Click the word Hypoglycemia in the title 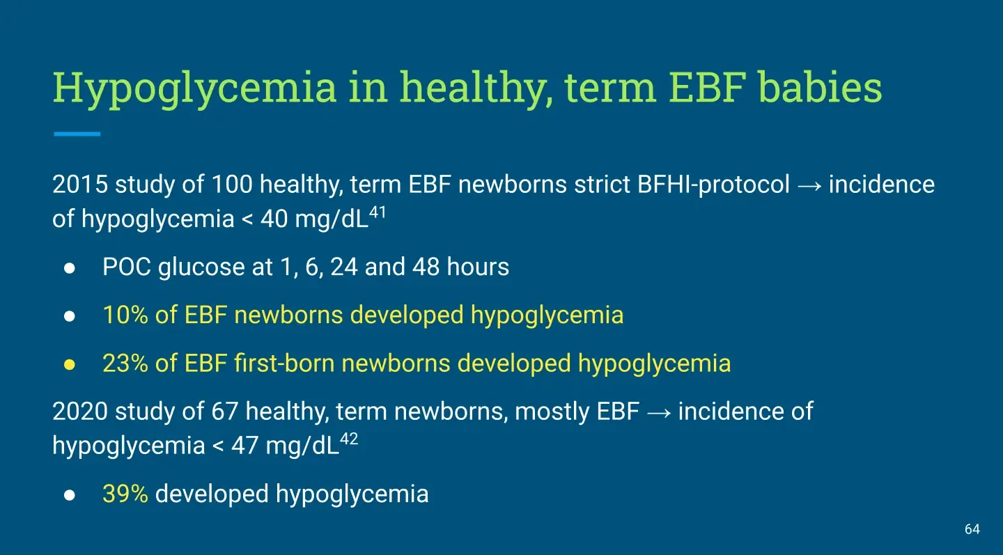point(194,88)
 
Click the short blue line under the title point(77,134)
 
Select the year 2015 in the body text point(80,184)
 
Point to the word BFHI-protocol point(713,185)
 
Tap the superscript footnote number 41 point(378,212)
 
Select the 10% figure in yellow point(125,315)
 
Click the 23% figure point(125,363)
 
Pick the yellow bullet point point(70,364)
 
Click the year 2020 point(80,412)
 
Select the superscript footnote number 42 point(349,439)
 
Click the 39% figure point(125,494)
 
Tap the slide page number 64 point(972,529)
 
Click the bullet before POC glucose point(70,268)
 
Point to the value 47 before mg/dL point(244,446)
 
